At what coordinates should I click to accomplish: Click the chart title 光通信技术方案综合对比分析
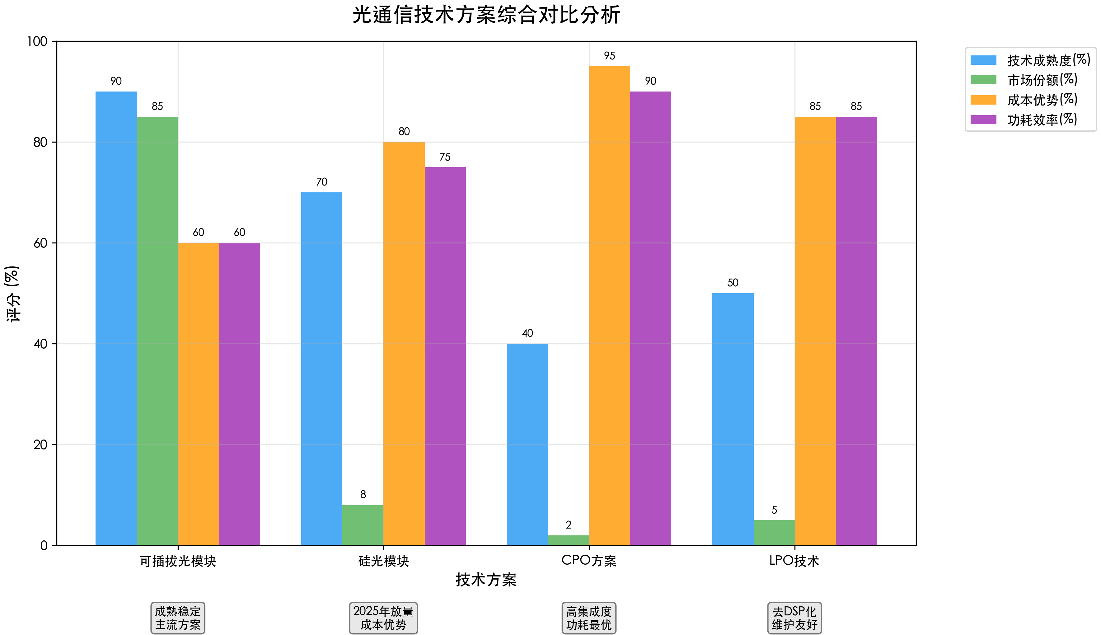486,15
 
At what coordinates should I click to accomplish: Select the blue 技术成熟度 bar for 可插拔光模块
116,318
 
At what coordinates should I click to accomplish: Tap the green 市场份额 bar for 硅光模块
363,525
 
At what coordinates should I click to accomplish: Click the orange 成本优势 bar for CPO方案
609,305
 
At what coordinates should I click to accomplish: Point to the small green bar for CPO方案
568,540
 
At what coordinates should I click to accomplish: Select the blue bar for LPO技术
733,419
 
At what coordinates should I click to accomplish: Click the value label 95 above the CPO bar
609,56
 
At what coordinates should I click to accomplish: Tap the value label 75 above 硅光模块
445,157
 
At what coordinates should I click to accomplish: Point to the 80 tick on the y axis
40,142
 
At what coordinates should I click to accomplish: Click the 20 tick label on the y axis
40,445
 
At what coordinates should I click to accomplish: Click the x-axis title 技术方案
486,580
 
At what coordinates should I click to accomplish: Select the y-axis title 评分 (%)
12,294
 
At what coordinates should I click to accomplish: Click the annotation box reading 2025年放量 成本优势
383,618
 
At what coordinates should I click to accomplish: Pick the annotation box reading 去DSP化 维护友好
794,618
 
